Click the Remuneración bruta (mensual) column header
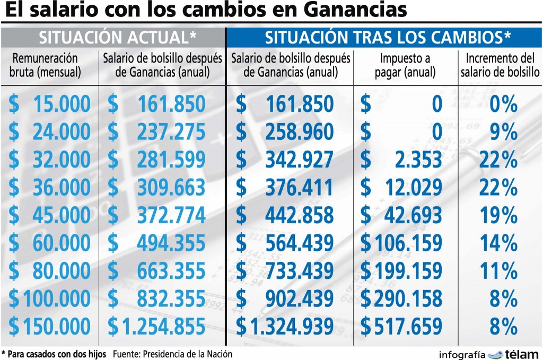tap(46, 64)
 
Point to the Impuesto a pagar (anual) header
tap(405, 64)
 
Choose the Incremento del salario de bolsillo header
tap(500, 64)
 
